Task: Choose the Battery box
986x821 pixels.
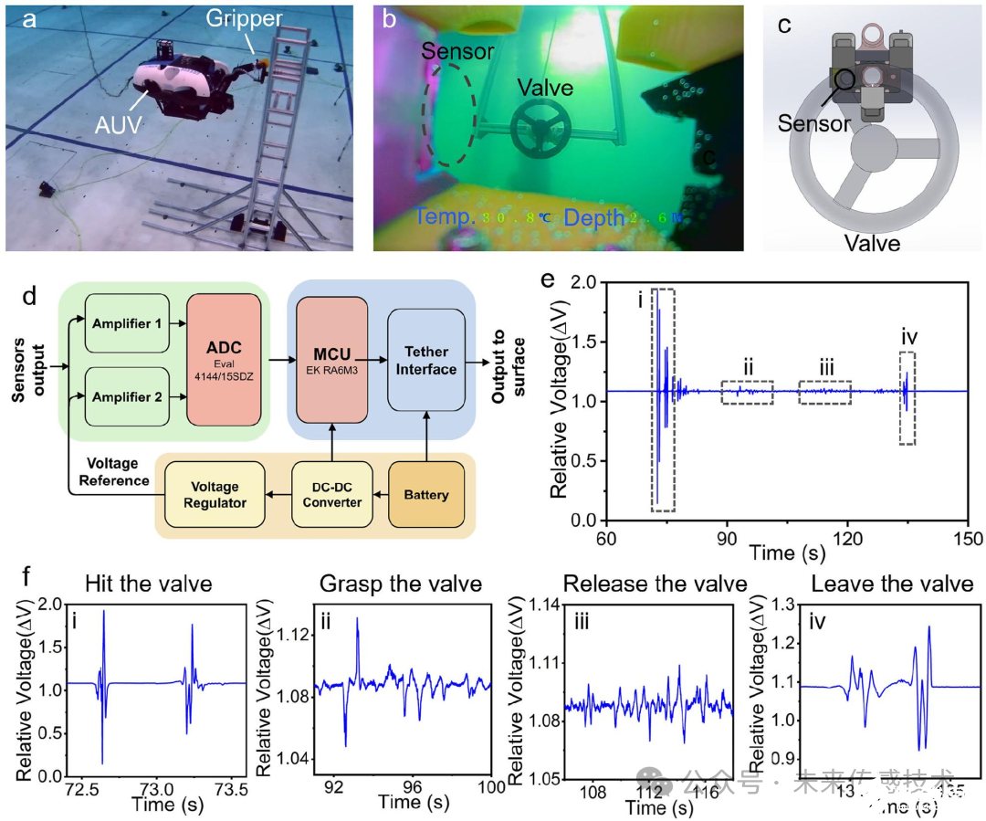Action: (426, 495)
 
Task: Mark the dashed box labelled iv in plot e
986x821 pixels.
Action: (907, 399)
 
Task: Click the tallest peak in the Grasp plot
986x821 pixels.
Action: (358, 619)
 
